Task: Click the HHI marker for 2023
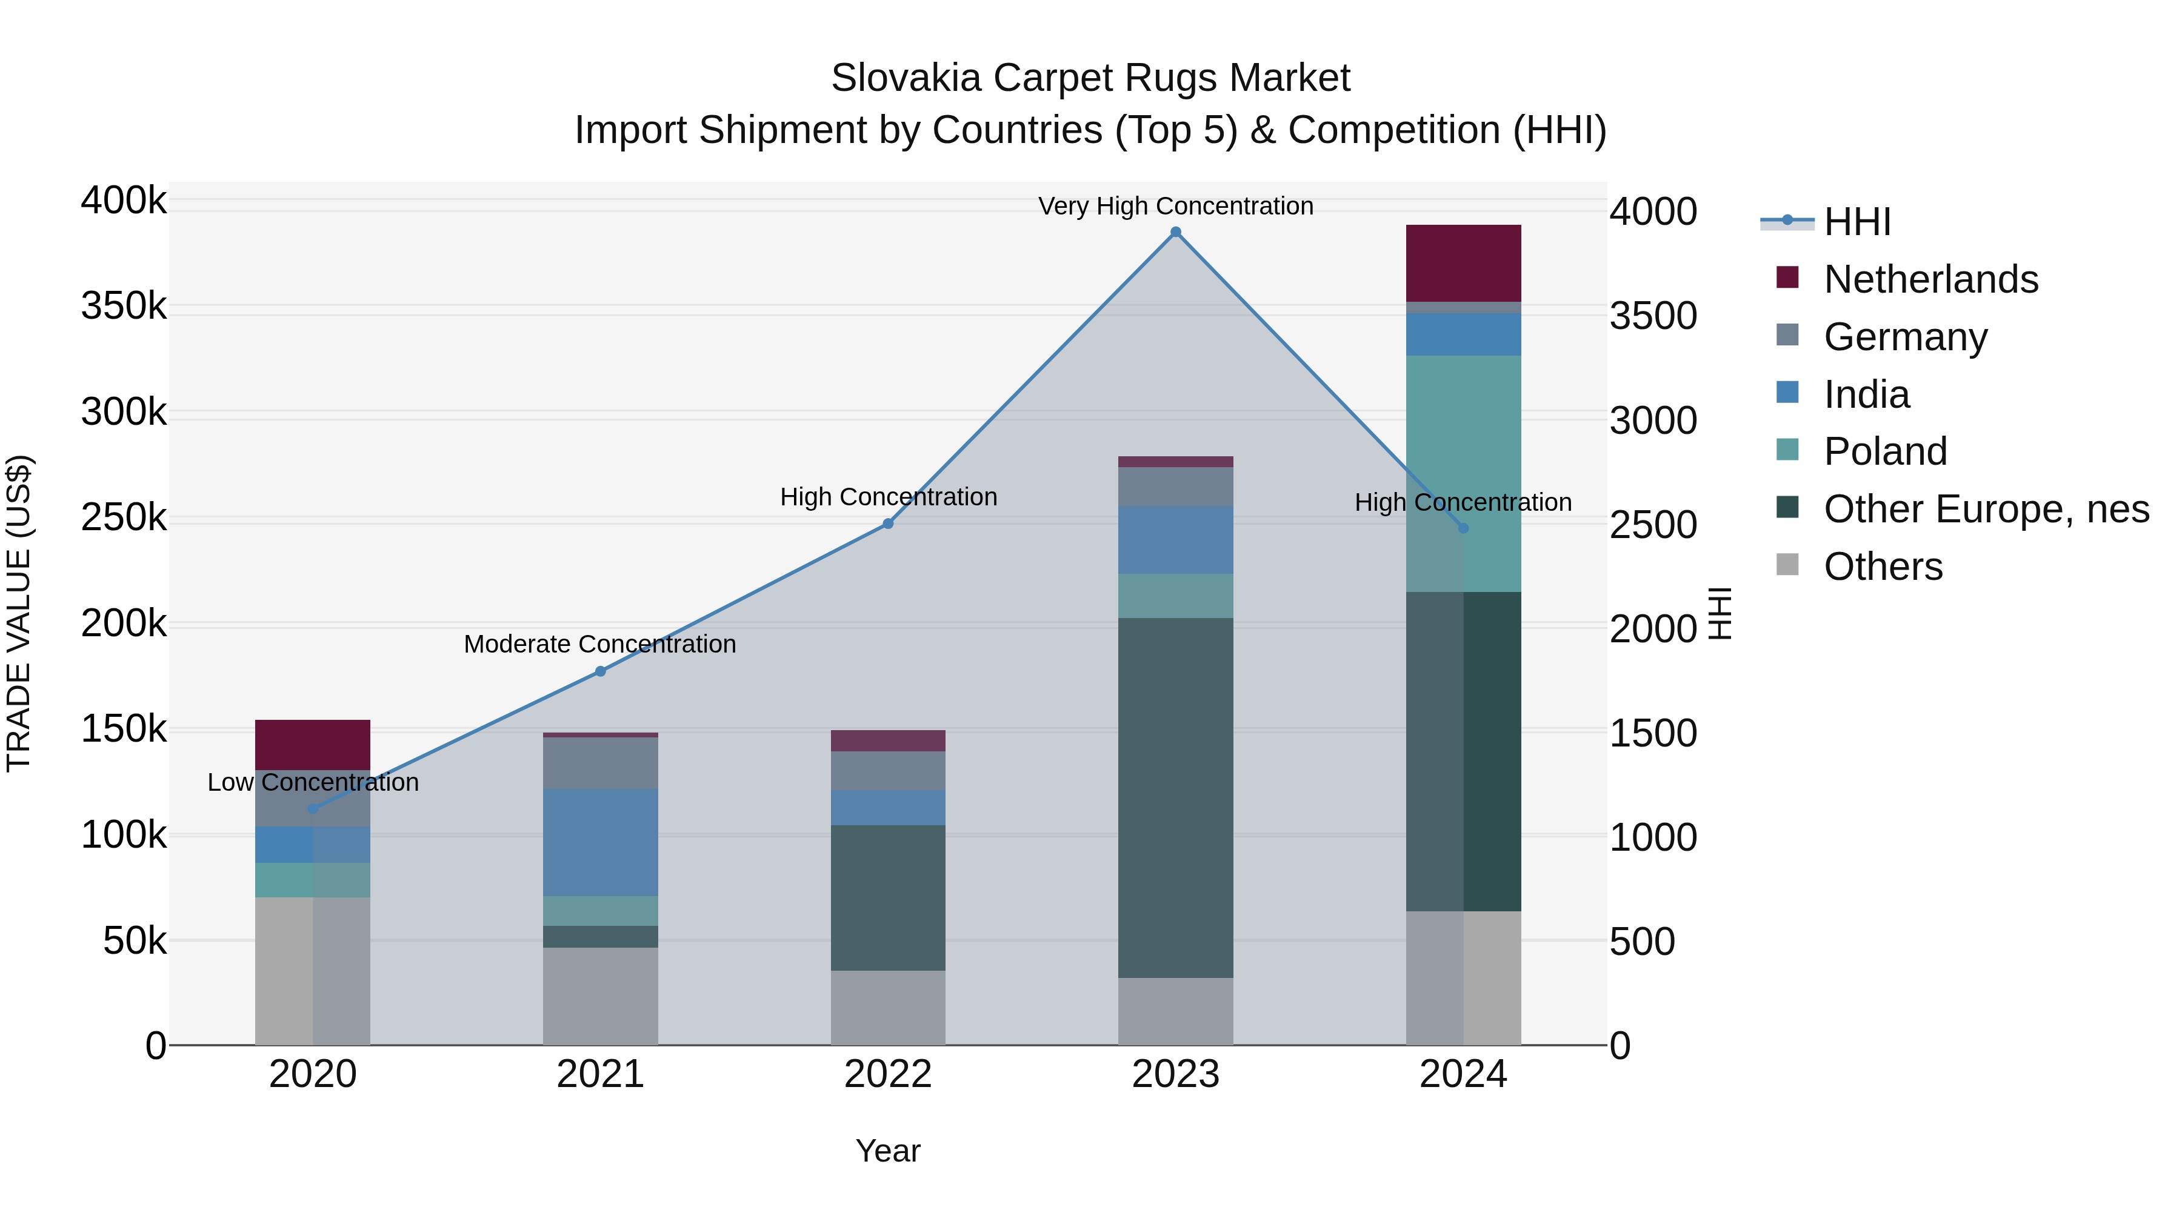point(1176,232)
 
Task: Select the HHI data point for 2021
point(601,671)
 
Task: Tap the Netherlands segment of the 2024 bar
point(1463,264)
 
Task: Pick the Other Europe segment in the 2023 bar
point(1176,797)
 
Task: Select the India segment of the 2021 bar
point(601,843)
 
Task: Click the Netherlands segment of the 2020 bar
point(313,744)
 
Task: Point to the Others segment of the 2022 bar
point(888,1008)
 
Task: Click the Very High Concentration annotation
point(1176,206)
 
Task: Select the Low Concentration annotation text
point(313,782)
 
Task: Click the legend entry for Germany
point(1905,337)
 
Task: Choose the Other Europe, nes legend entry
point(1986,509)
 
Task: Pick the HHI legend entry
point(1857,222)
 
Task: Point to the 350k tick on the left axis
point(124,307)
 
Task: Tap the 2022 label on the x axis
point(888,1074)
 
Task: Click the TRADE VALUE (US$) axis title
point(19,613)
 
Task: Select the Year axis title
point(888,1151)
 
